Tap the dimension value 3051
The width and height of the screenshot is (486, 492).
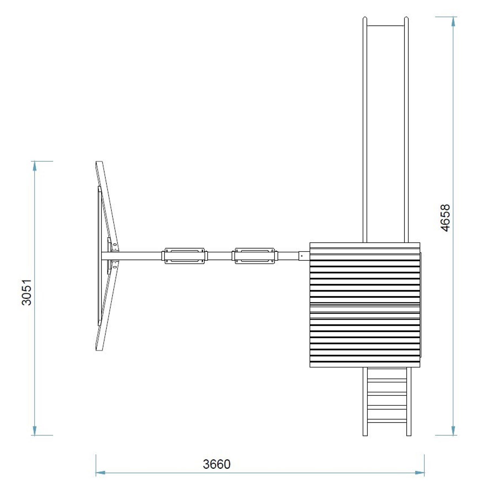point(27,292)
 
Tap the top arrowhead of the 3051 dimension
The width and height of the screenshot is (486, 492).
point(35,166)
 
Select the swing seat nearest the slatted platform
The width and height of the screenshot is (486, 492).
point(255,255)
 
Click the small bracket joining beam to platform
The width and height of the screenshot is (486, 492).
point(304,255)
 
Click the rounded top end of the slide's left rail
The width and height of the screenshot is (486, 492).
point(365,19)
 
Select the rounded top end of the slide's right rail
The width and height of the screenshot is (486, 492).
point(406,19)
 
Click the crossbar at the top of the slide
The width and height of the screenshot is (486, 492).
point(386,26)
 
